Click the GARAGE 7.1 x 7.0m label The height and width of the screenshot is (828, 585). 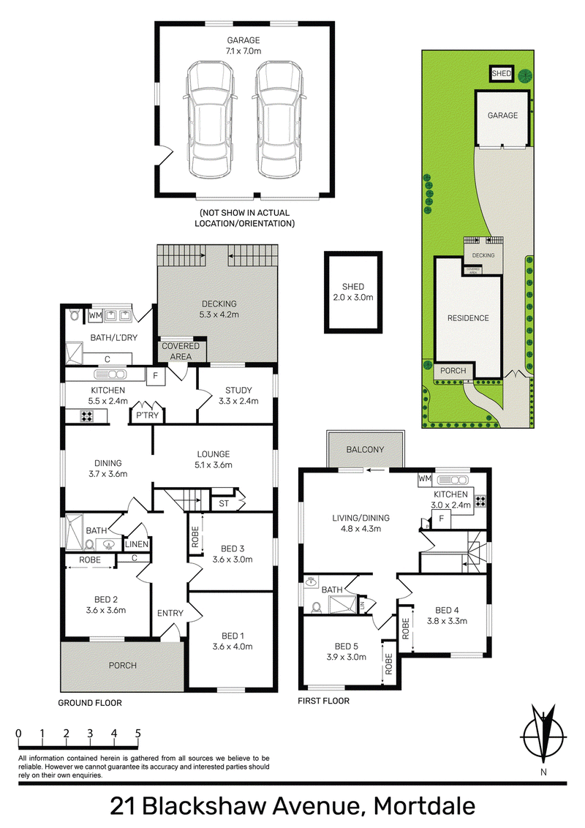click(244, 45)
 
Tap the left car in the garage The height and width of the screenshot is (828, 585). click(211, 121)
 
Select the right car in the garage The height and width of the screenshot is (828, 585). click(280, 121)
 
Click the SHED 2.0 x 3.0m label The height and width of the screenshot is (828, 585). click(352, 292)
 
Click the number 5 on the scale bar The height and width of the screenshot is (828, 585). click(137, 734)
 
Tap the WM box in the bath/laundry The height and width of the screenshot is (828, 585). click(95, 316)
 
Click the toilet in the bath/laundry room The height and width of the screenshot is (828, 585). click(75, 315)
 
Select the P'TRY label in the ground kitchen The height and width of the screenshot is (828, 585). click(147, 415)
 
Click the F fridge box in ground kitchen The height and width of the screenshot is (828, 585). click(155, 377)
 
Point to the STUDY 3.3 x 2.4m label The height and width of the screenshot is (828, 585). click(238, 396)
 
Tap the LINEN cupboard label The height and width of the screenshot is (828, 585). click(137, 544)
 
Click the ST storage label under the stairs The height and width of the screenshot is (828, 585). click(224, 503)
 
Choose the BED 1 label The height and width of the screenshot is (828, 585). click(233, 641)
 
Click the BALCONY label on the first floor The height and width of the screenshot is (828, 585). click(365, 449)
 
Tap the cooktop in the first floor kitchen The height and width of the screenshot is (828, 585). click(480, 501)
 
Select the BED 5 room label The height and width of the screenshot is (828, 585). click(347, 651)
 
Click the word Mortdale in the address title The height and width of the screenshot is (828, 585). click(425, 806)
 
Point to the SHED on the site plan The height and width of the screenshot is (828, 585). click(502, 73)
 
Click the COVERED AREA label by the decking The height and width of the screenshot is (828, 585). click(181, 351)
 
